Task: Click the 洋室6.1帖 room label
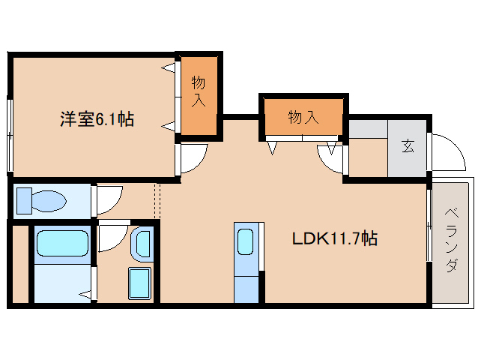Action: [97, 119]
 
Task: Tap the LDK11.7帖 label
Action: [334, 239]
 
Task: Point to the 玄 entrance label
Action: [408, 146]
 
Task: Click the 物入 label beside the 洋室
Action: [199, 90]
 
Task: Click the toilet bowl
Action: [43, 201]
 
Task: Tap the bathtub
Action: [61, 244]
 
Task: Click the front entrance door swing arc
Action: [447, 154]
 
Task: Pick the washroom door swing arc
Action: [112, 238]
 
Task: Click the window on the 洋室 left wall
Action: [10, 135]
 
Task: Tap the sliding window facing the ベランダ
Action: [429, 225]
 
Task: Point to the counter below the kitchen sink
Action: [246, 287]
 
